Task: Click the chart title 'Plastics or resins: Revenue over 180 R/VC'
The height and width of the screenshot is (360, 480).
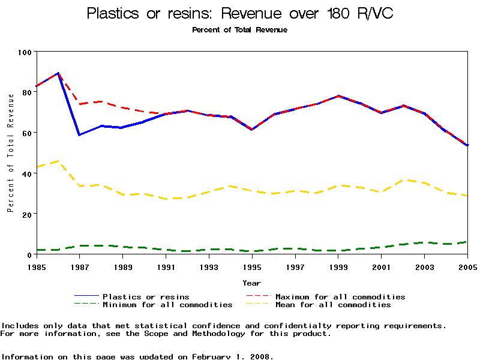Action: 240,14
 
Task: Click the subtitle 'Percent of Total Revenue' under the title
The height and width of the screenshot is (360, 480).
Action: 240,30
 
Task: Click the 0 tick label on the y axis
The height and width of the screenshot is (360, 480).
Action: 29,254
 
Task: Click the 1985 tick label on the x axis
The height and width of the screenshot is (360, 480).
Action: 37,266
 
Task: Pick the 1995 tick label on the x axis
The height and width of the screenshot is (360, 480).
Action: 252,266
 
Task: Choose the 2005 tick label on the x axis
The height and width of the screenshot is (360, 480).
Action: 467,266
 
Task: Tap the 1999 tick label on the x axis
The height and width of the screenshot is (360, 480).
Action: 338,266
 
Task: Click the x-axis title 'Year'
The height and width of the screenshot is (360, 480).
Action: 252,283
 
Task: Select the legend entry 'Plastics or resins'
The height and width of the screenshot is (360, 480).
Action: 146,296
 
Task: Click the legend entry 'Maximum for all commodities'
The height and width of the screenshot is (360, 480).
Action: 340,296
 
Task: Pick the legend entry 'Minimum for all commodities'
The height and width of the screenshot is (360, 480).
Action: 167,305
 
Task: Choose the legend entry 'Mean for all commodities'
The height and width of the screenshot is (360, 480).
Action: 333,305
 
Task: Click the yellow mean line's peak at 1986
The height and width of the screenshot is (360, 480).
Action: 58,161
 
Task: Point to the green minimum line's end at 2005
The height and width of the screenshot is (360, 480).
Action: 467,242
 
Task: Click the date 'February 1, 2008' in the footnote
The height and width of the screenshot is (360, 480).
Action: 232,356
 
